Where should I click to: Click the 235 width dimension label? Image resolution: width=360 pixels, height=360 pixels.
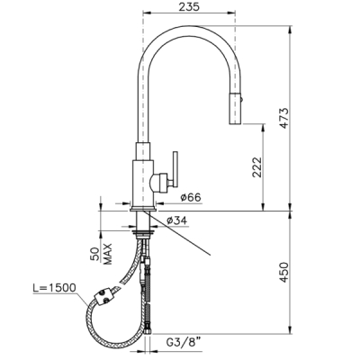[x=189, y=7]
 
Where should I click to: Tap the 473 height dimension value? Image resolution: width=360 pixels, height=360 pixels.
[x=283, y=118]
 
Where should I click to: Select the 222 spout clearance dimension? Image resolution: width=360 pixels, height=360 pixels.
[x=257, y=167]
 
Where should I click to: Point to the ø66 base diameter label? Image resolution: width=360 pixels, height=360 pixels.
[x=191, y=197]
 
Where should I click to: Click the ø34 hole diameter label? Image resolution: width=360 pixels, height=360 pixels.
[x=176, y=220]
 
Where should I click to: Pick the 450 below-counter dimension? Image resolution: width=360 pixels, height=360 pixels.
[x=283, y=273]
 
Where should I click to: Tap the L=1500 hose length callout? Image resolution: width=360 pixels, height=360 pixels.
[x=54, y=288]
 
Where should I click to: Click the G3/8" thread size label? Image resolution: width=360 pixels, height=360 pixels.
[x=184, y=342]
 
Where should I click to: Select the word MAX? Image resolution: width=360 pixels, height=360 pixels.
[x=107, y=254]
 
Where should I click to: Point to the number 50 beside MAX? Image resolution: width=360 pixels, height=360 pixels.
[x=95, y=255]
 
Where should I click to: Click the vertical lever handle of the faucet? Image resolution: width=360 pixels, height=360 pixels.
[x=175, y=169]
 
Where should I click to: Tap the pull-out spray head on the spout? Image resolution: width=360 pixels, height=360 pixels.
[x=235, y=108]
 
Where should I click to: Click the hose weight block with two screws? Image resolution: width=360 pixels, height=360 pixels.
[x=104, y=296]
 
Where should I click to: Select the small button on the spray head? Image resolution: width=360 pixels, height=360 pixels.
[x=242, y=97]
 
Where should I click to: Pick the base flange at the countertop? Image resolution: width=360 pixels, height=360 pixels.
[x=143, y=209]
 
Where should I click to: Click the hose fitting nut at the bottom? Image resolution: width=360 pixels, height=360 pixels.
[x=148, y=330]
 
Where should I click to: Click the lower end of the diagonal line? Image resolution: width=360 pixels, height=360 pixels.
[x=211, y=256]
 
